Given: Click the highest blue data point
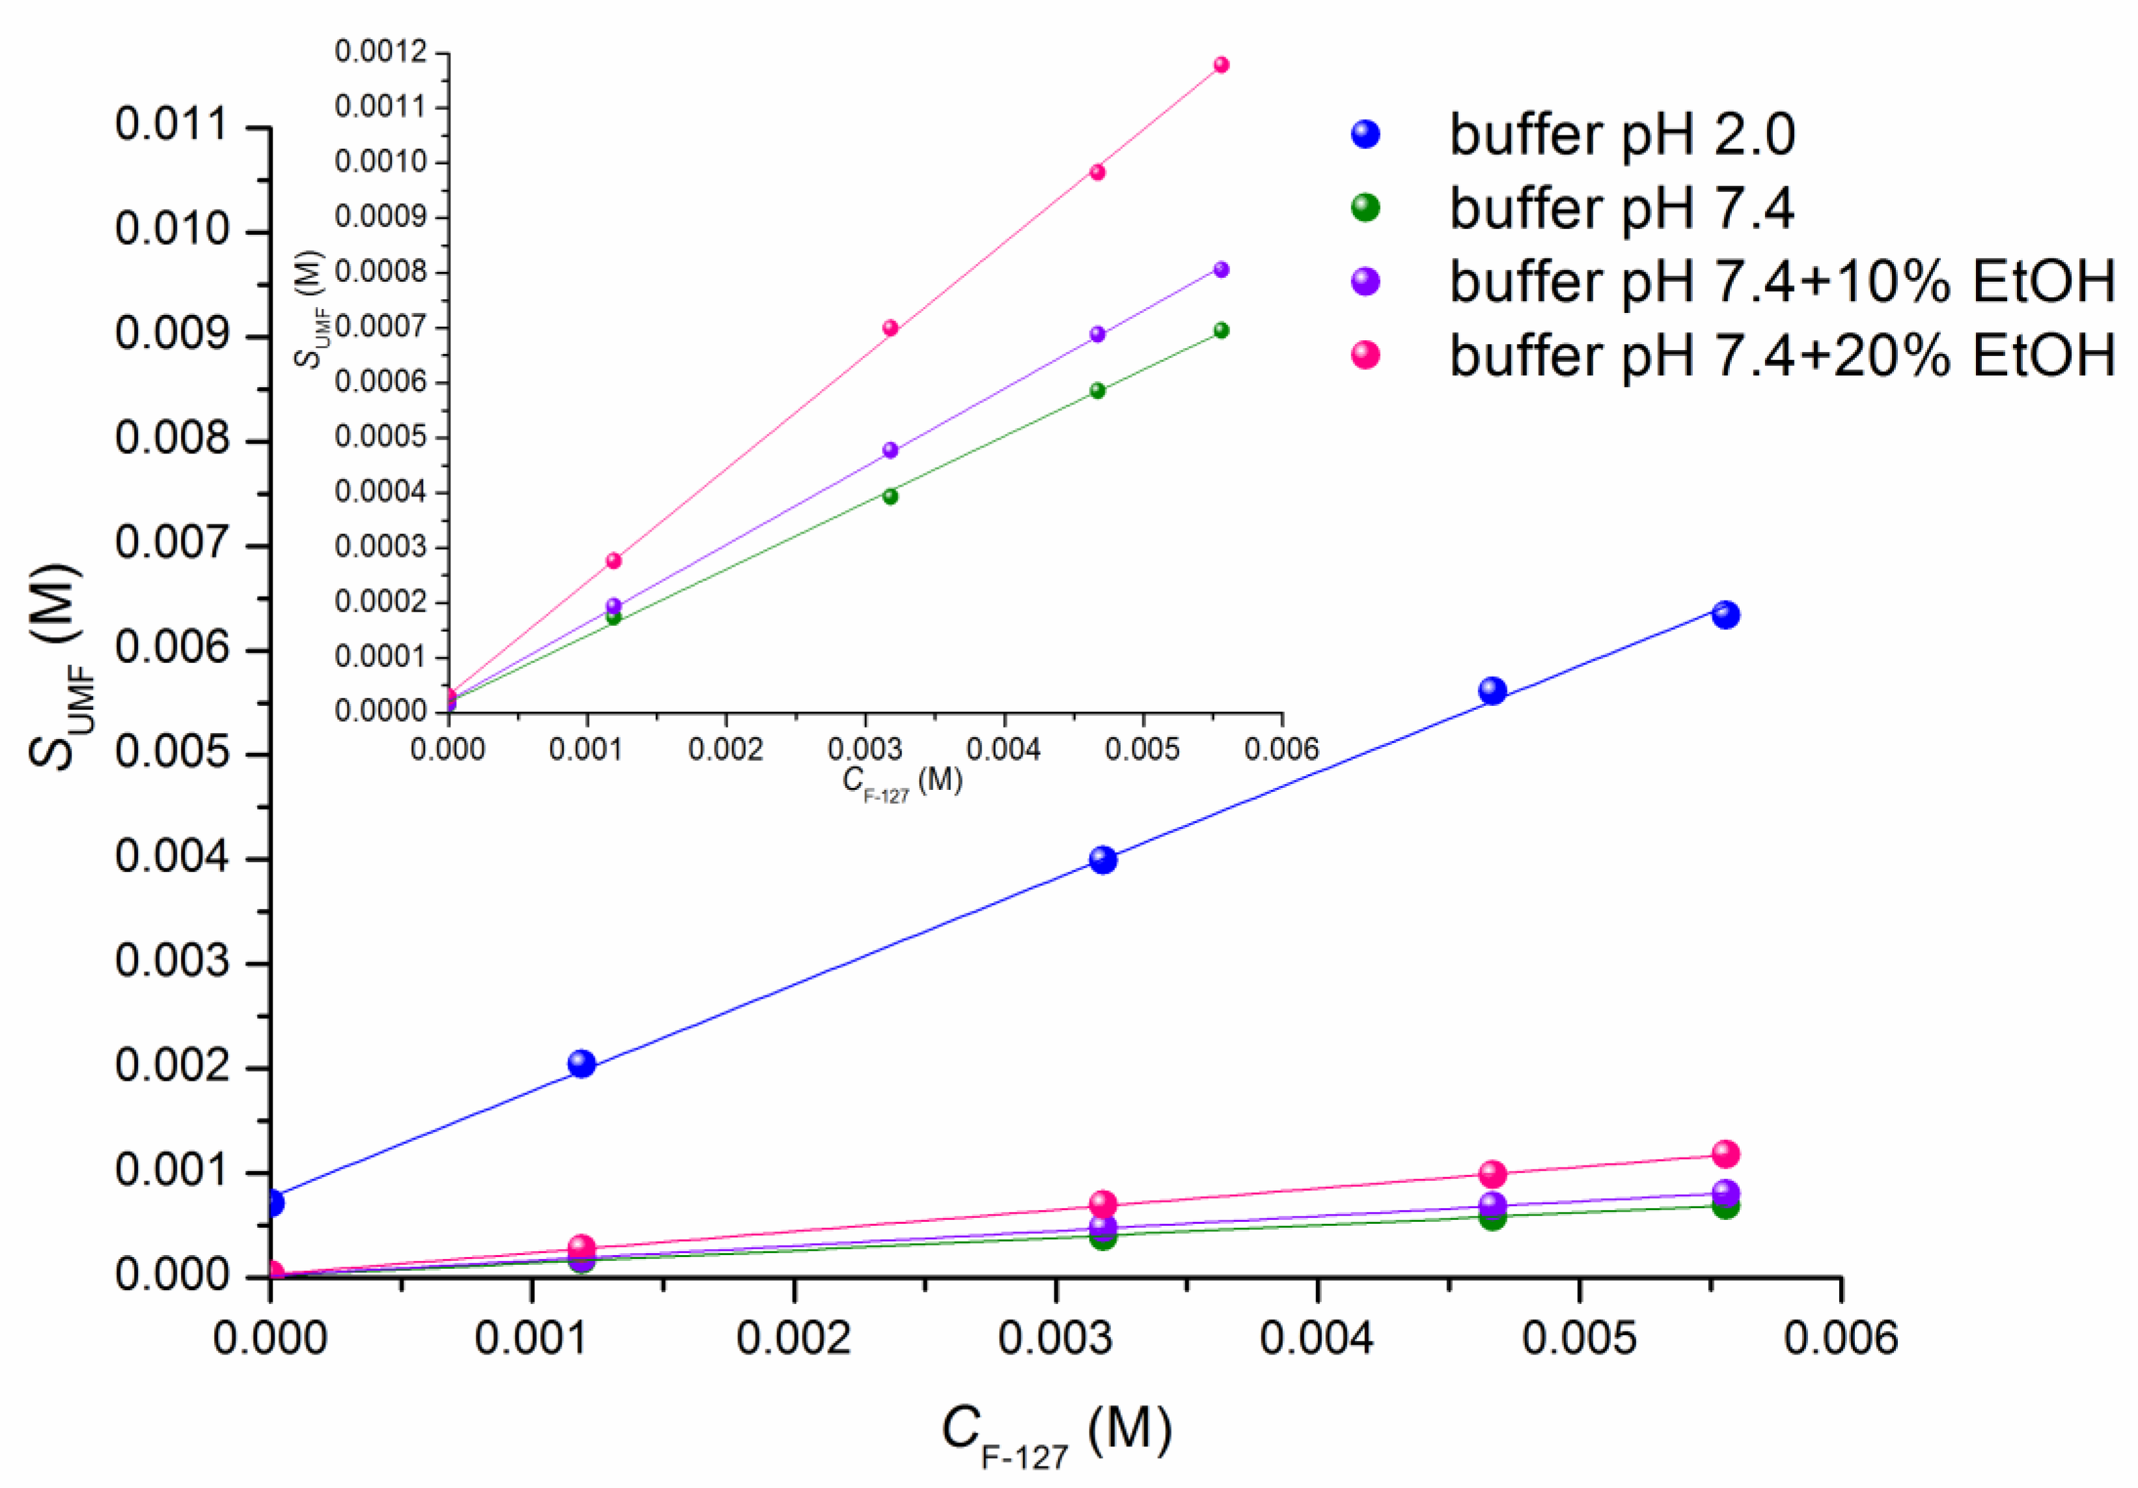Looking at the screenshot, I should pyautogui.click(x=1725, y=615).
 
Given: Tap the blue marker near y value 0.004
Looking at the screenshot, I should pyautogui.click(x=1103, y=859).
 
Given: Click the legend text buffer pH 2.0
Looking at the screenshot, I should pyautogui.click(x=1621, y=135).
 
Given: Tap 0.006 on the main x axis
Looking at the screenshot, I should pyautogui.click(x=1840, y=1339).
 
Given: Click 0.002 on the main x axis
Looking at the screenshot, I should pyautogui.click(x=793, y=1339).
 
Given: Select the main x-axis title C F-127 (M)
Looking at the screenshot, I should pyautogui.click(x=1056, y=1434).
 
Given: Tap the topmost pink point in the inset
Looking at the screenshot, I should pyautogui.click(x=1221, y=65).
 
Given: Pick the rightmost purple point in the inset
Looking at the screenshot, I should pyautogui.click(x=1221, y=270).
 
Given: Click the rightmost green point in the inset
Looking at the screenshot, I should pyautogui.click(x=1221, y=331).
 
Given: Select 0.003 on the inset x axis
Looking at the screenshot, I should pyautogui.click(x=864, y=750).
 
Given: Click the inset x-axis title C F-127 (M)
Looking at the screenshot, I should pyautogui.click(x=901, y=782).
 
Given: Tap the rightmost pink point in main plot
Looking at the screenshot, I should pyautogui.click(x=1725, y=1154).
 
